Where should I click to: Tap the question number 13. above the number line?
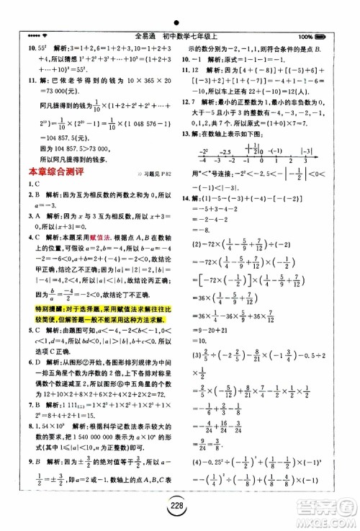point(186,115)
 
